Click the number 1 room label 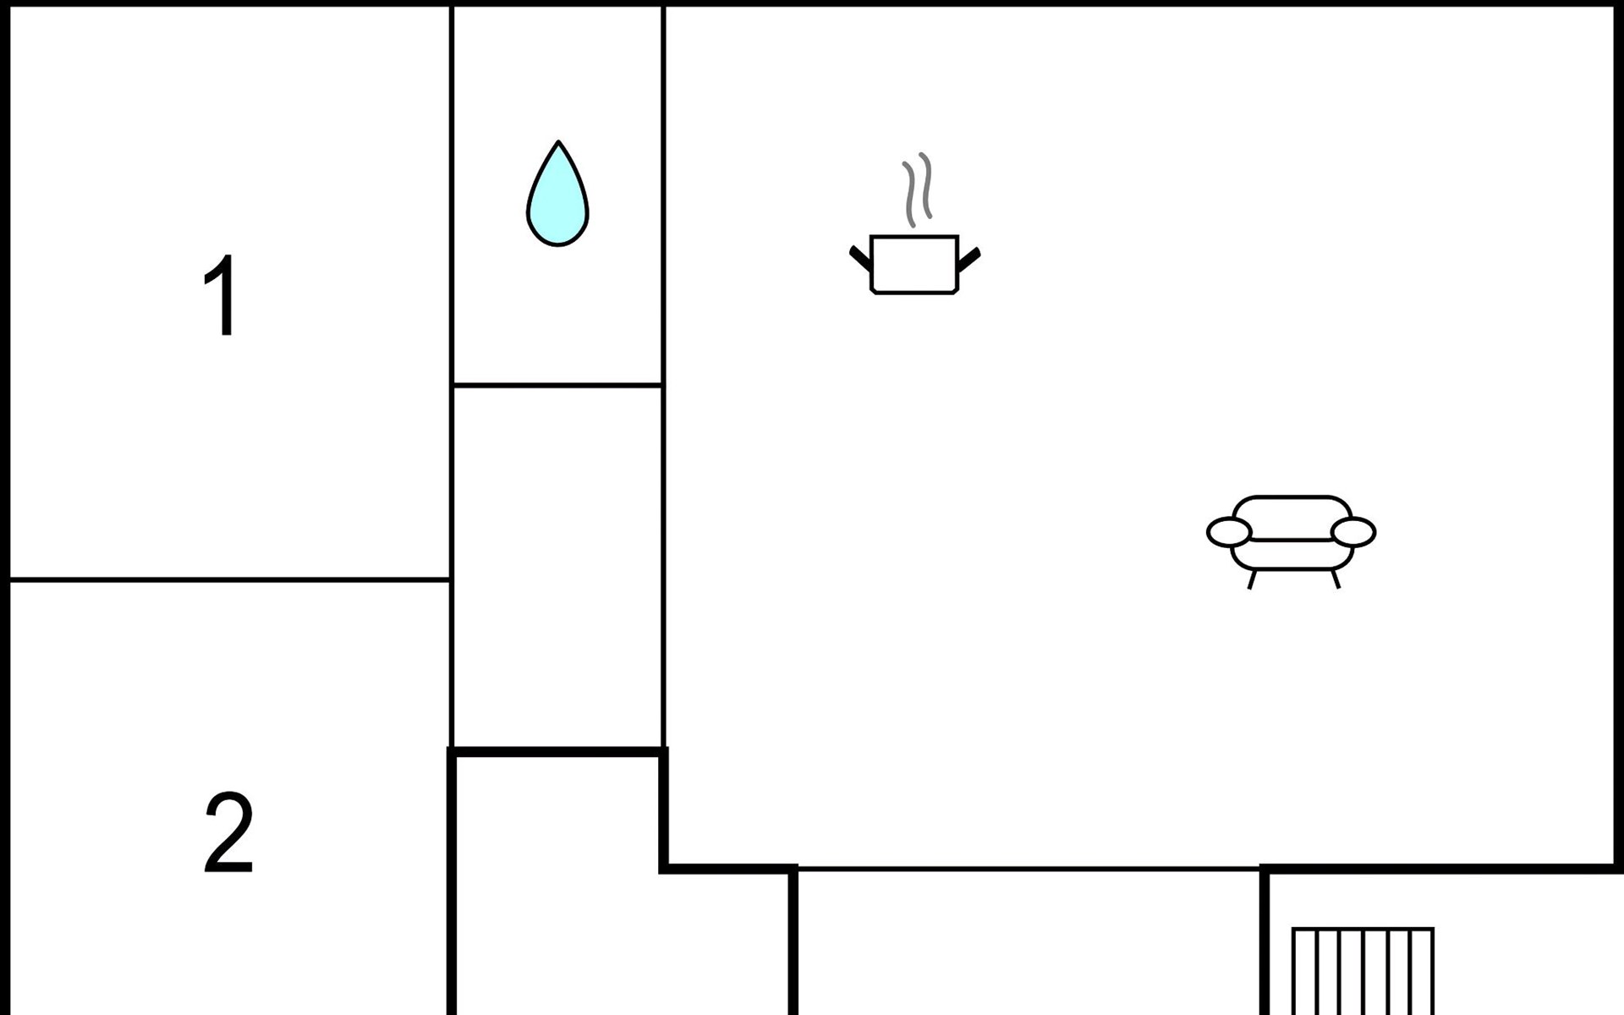click(222, 295)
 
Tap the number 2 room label click(228, 832)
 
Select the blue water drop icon click(557, 203)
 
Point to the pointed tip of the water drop click(558, 145)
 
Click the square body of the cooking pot click(914, 265)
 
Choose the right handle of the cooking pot click(969, 259)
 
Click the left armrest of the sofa click(1229, 532)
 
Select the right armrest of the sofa click(1353, 532)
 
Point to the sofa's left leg click(1252, 579)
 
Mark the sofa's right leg click(1336, 579)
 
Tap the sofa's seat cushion click(1292, 554)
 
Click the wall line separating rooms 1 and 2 click(228, 579)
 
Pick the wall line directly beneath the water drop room click(557, 385)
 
